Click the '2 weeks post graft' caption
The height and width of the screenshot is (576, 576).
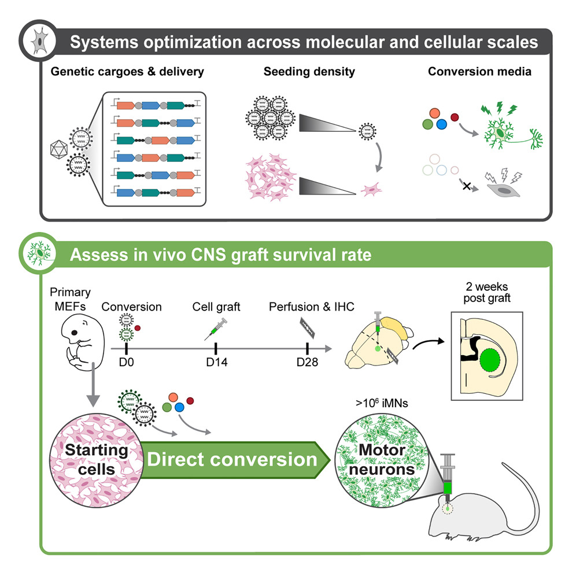[x=486, y=293]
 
